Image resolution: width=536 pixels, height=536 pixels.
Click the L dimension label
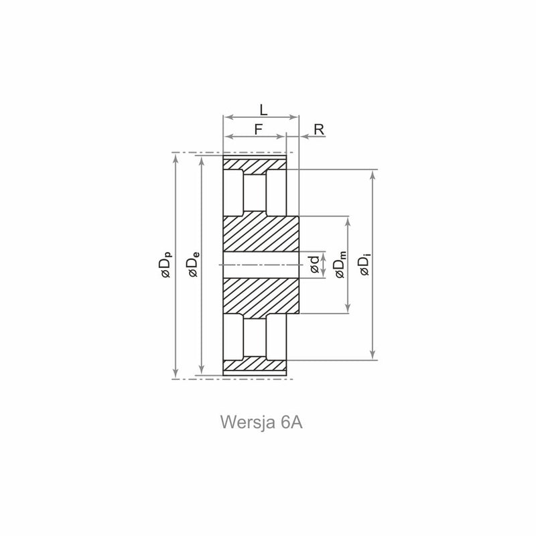click(x=263, y=110)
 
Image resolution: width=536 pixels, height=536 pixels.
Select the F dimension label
click(x=259, y=129)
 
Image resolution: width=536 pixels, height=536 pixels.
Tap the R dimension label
click(x=319, y=129)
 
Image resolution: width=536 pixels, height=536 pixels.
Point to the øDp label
click(x=166, y=265)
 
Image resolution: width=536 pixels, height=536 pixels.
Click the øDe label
click(x=193, y=264)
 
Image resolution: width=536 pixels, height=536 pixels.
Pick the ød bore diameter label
click(x=314, y=265)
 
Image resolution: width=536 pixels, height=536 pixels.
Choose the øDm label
click(x=340, y=265)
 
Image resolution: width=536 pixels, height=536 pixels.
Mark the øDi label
click(x=365, y=265)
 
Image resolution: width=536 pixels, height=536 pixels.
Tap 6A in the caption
click(x=291, y=423)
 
